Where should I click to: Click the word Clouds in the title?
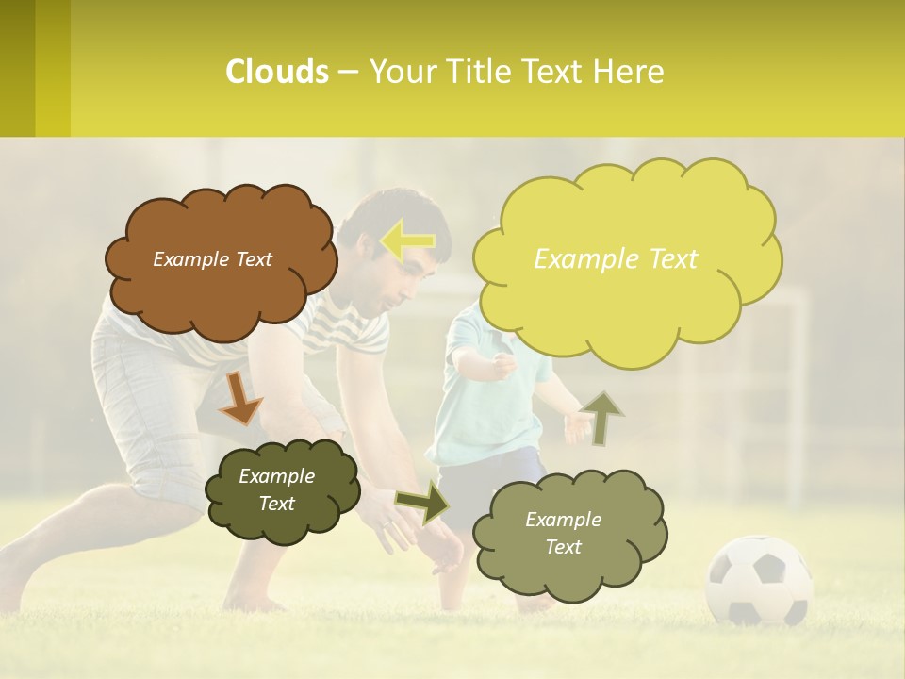point(277,72)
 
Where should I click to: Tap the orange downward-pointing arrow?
point(239,396)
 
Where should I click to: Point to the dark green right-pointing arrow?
point(424,501)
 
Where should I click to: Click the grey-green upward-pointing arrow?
point(601,417)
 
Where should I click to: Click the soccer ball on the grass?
point(759,581)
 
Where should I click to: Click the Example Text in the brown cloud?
point(212,259)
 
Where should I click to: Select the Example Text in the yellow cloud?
point(616,259)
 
